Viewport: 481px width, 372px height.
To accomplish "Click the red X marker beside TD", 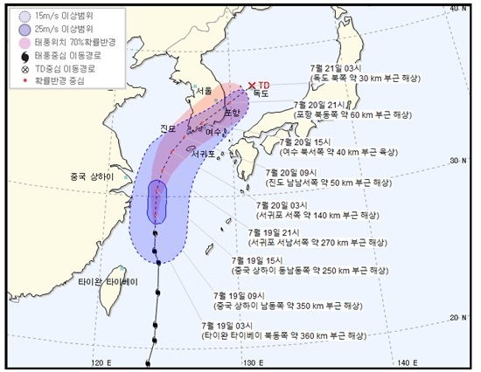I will click(252, 85).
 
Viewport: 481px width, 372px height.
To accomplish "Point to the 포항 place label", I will click(232, 112).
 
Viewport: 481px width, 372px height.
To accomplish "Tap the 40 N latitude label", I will click(457, 8).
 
